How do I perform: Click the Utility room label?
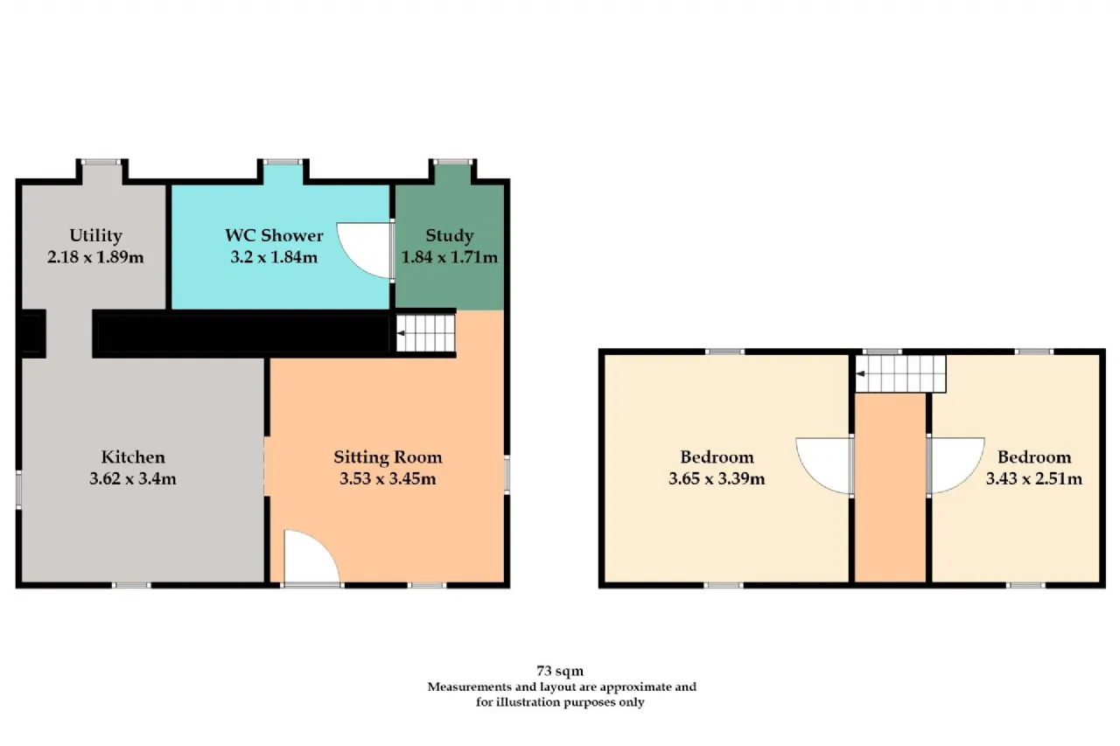tap(95, 235)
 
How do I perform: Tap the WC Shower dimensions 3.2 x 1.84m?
tap(274, 257)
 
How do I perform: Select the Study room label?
tap(450, 235)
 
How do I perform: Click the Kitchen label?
tap(133, 457)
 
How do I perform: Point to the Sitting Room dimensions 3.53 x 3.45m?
tap(388, 478)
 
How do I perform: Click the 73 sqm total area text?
tap(560, 671)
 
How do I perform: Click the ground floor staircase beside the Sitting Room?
tap(425, 333)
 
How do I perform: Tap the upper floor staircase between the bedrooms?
tap(900, 373)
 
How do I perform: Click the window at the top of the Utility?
tap(101, 162)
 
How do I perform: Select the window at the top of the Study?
tap(452, 162)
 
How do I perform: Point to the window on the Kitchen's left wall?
tap(19, 490)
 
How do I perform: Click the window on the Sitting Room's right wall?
tap(507, 474)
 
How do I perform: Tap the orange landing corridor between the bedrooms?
tap(891, 488)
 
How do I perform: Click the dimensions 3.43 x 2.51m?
tap(1034, 478)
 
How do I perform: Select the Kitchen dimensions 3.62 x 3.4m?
tap(133, 478)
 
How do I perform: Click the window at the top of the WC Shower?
tap(283, 162)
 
